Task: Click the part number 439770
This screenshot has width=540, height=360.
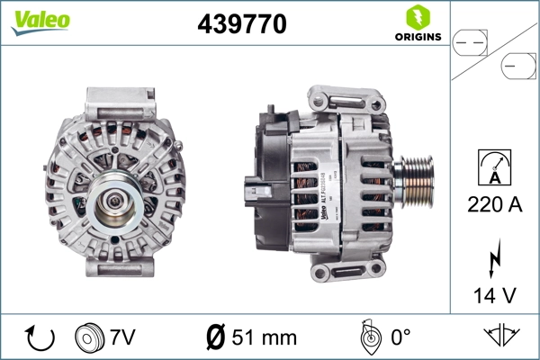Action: click(242, 24)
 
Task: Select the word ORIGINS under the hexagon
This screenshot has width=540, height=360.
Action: click(417, 37)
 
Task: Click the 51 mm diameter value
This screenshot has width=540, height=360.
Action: click(263, 337)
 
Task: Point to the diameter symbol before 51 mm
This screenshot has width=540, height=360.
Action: click(215, 337)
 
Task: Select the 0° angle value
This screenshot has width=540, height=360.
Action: click(400, 337)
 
